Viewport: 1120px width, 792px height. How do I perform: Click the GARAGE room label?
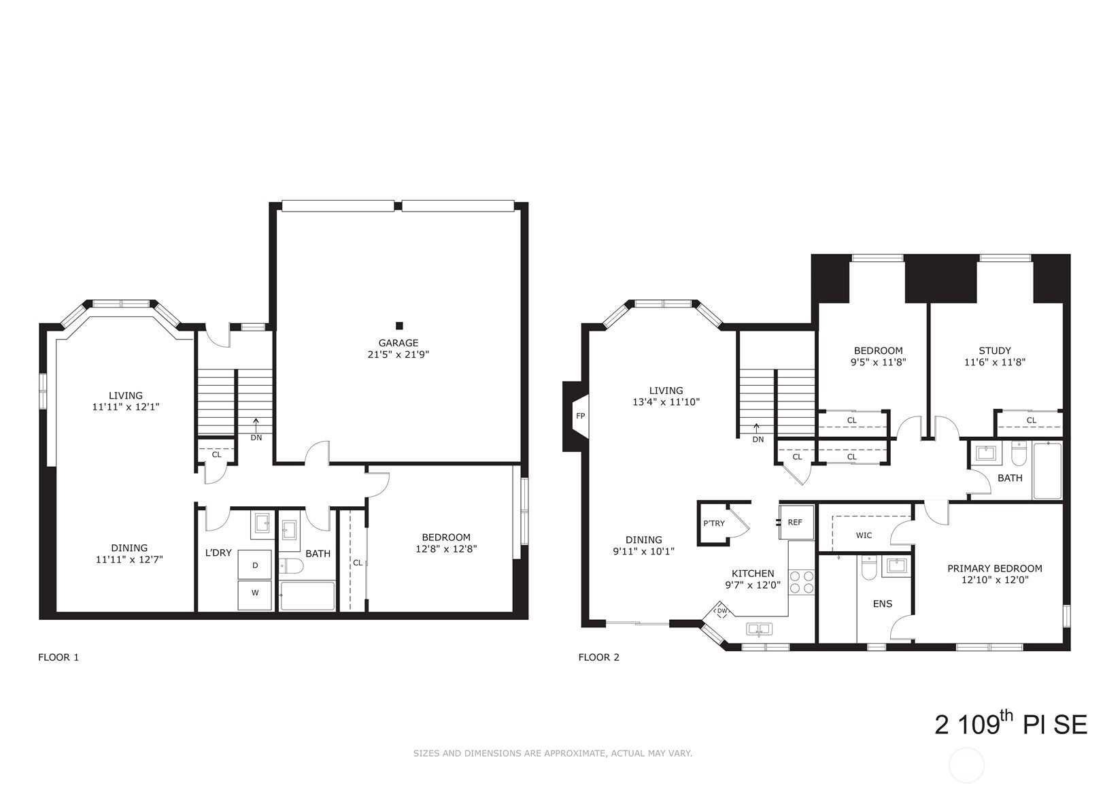pos(398,343)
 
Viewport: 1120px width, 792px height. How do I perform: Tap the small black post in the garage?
pos(399,326)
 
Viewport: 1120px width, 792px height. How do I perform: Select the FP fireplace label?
pos(580,416)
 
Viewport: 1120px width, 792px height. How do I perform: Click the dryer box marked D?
pos(255,565)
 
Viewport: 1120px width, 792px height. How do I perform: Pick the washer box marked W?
pos(255,593)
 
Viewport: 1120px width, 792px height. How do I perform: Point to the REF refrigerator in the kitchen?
pos(796,523)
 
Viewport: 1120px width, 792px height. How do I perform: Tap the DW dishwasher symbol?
pos(722,611)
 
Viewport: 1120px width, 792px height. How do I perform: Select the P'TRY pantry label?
pos(713,523)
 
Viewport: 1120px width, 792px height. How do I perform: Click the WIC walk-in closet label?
pos(864,535)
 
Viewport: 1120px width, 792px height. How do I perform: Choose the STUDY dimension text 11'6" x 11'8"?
pos(994,363)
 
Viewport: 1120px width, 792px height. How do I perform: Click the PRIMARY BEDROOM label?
pos(994,569)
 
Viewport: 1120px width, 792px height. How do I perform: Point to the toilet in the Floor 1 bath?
pos(290,566)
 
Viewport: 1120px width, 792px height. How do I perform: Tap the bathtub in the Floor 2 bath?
pos(1047,471)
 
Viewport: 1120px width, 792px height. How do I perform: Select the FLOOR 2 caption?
pos(598,657)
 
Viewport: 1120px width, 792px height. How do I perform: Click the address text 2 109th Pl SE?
pos(1011,725)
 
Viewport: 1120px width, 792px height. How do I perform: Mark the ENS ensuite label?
pos(882,604)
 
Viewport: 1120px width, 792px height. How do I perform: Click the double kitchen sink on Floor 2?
pos(758,629)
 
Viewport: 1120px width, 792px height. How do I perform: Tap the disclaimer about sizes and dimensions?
pos(552,753)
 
